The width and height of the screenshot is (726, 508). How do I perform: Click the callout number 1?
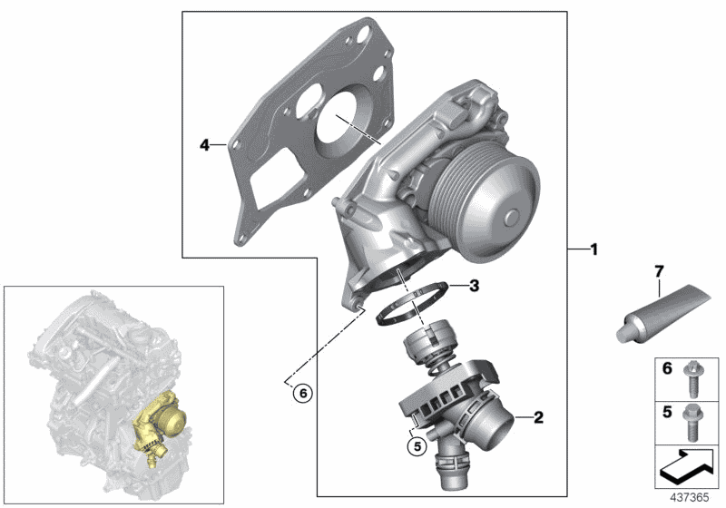[594, 249]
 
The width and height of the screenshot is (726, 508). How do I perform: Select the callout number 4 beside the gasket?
[205, 145]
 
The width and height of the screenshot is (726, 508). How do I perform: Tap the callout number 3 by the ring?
[474, 286]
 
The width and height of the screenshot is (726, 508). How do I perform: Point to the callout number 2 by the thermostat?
[538, 417]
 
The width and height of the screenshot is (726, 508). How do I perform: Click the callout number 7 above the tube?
[660, 271]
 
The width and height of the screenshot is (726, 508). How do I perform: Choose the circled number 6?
[303, 394]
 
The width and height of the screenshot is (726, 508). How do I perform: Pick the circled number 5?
[417, 446]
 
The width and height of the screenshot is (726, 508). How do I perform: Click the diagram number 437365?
[690, 498]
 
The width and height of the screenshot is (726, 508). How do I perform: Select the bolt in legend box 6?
[692, 379]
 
